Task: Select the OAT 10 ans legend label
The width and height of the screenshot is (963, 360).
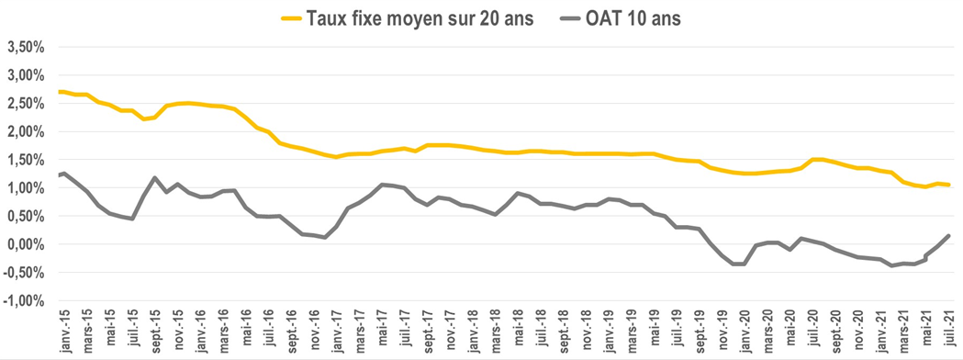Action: coord(632,17)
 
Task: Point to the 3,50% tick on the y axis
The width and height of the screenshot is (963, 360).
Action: coord(26,46)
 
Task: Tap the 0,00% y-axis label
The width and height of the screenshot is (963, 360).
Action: coord(26,244)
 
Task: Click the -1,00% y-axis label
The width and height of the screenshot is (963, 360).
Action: coord(24,300)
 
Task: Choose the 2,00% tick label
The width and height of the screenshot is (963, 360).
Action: coord(26,131)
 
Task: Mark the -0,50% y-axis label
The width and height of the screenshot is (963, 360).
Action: coord(24,273)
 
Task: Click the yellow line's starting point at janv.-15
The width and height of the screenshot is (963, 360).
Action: coord(59,91)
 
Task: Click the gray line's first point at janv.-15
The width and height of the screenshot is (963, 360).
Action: coord(59,174)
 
